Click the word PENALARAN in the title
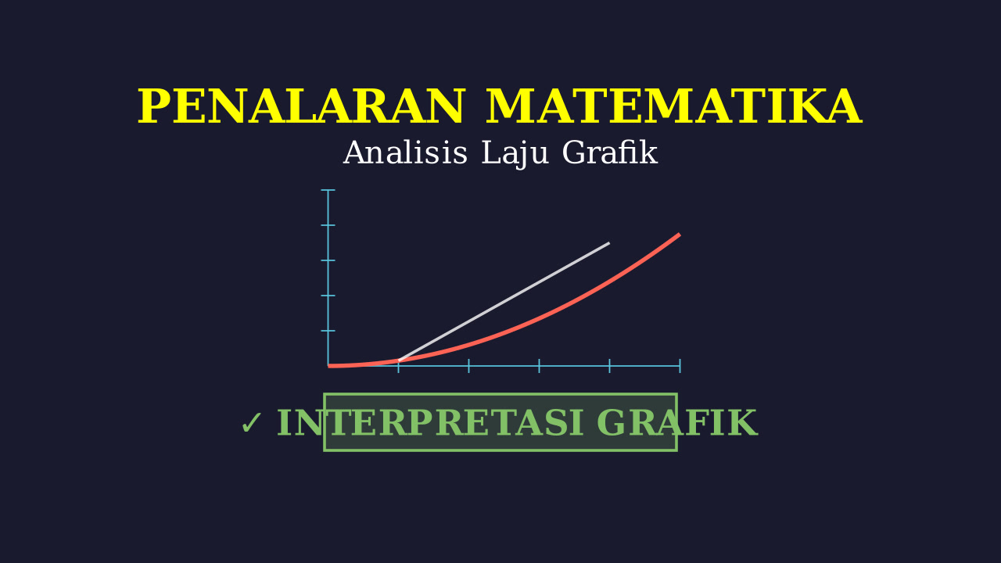point(301,106)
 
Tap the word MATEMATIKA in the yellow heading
point(673,106)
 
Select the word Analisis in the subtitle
point(405,152)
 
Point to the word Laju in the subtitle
point(515,154)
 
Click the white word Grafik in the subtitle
point(609,152)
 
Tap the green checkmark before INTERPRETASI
point(251,423)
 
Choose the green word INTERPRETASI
point(431,423)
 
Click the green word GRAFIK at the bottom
point(676,423)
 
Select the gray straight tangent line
point(504,302)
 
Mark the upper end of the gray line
point(609,242)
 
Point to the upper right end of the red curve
point(680,234)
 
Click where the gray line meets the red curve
point(399,360)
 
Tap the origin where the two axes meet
point(328,366)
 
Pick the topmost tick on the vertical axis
point(328,190)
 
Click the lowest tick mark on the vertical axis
point(328,331)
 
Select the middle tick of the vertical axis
point(328,260)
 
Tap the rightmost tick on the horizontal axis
point(680,366)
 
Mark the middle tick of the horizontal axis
point(539,366)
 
